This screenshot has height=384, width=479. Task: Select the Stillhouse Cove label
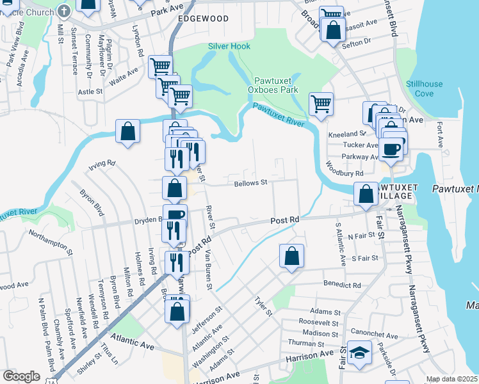(x=419, y=89)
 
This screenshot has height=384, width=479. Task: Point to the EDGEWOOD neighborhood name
(x=203, y=19)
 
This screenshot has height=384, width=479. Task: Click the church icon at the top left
(x=63, y=11)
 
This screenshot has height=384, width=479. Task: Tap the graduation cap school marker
(x=359, y=353)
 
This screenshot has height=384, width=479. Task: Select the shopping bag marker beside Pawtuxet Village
(x=366, y=194)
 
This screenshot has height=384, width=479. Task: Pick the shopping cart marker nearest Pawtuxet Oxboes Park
(x=321, y=103)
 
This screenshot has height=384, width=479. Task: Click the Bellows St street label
(x=250, y=182)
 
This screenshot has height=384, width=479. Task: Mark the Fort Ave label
(x=440, y=133)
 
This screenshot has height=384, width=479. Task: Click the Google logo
(x=21, y=376)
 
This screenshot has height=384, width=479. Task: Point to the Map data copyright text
(x=451, y=379)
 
